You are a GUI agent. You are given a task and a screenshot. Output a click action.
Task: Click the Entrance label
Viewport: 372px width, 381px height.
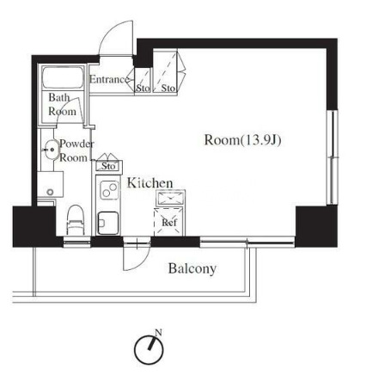108,79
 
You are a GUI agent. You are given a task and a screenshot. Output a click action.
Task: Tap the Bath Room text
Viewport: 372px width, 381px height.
62,104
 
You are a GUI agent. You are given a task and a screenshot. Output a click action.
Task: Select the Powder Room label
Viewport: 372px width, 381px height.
76,151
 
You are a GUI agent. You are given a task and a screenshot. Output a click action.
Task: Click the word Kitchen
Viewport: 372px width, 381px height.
149,183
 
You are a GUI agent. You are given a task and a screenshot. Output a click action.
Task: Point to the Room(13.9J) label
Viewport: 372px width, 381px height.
242,140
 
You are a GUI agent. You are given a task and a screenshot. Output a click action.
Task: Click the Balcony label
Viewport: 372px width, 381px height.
192,268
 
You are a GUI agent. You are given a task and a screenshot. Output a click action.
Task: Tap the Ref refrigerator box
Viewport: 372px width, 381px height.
169,222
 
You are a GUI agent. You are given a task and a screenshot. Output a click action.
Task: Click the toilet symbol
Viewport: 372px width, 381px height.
76,220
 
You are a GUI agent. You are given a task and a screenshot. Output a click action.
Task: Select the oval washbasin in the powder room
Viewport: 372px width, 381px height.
52,150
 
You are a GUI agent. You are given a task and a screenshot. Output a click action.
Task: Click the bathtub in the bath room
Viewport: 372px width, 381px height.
63,77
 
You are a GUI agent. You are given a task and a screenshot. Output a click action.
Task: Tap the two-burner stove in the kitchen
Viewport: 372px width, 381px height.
109,191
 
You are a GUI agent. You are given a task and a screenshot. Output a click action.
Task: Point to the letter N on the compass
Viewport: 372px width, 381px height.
158,333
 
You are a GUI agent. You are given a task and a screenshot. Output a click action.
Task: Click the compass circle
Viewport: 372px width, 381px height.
135,349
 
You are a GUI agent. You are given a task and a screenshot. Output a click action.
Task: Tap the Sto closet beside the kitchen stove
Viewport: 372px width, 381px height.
108,166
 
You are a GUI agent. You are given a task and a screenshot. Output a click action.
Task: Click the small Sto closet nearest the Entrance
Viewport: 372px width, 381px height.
143,81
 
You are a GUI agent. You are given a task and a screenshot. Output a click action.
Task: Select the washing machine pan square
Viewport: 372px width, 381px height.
51,184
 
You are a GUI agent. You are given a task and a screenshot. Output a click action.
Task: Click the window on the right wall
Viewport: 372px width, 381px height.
332,157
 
